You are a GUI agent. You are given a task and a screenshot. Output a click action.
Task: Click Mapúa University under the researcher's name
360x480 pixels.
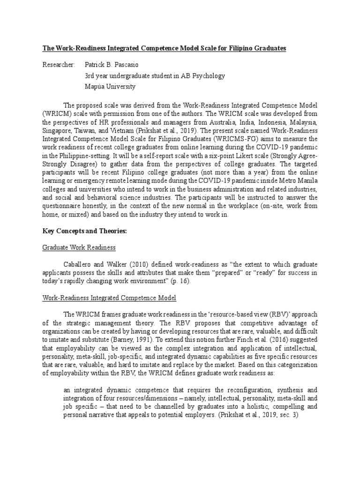tap(110, 86)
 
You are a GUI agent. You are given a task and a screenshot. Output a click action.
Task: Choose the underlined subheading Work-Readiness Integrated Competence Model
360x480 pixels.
tap(110, 297)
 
